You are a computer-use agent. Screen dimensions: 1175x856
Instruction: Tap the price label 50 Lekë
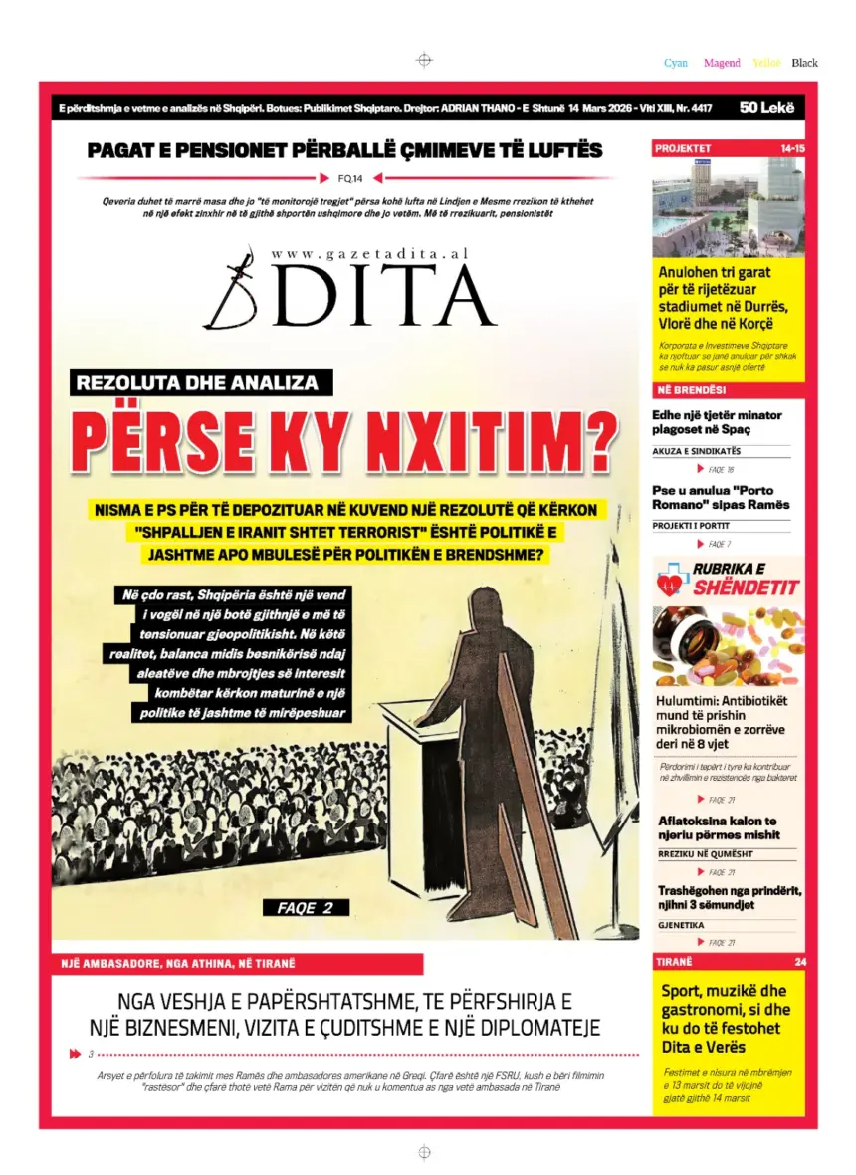[766, 108]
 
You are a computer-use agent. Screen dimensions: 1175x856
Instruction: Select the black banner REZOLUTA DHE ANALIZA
[197, 382]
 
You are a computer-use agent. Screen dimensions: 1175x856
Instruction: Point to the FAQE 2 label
[299, 907]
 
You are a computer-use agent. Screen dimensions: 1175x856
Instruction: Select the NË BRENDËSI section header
[690, 389]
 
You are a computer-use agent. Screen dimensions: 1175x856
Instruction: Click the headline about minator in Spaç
[718, 422]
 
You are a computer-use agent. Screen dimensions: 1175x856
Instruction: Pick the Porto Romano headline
[721, 497]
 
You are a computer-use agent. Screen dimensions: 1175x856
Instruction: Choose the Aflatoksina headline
[719, 827]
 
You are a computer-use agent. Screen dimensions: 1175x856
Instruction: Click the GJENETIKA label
[681, 925]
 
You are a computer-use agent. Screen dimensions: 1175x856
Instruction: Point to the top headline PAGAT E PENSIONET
[344, 151]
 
